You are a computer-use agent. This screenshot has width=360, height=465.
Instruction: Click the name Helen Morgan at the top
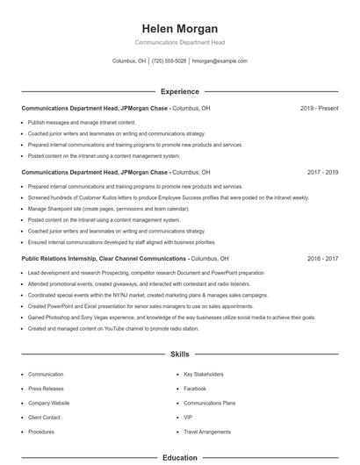click(179, 28)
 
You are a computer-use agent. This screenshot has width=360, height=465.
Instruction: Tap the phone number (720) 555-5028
click(169, 61)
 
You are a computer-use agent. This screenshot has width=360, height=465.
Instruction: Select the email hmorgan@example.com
click(220, 61)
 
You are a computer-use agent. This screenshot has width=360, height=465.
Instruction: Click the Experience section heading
click(179, 91)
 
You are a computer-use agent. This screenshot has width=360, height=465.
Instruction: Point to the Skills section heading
click(179, 354)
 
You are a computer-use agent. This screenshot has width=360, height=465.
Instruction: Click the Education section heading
click(179, 457)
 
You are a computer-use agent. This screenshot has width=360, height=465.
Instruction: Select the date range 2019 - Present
click(319, 108)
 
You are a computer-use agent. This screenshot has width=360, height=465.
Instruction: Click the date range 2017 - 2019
click(322, 172)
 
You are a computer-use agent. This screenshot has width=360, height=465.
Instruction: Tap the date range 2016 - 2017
click(322, 259)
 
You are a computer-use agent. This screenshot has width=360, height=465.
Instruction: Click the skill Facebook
click(195, 388)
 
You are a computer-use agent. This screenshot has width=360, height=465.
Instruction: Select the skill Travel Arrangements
click(207, 432)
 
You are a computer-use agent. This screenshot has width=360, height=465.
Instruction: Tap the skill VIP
click(188, 417)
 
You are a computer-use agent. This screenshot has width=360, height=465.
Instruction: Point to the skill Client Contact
click(44, 417)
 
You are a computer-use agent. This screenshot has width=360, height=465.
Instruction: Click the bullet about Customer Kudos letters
click(168, 197)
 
